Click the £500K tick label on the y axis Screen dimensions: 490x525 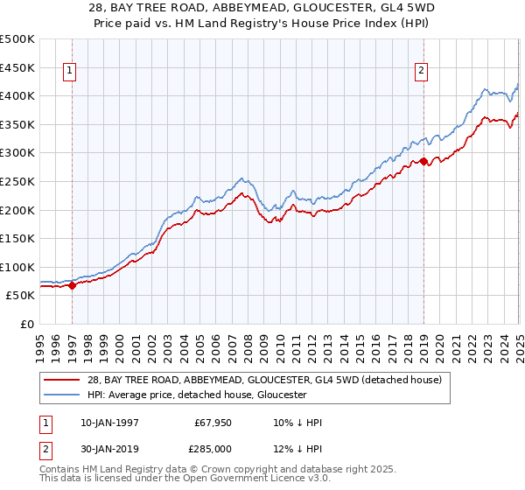coord(17,39)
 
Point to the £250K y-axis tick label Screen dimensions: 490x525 coord(17,181)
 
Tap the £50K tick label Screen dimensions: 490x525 coord(21,296)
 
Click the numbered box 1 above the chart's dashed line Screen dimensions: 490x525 coord(69,72)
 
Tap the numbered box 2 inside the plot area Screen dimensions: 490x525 coord(421,72)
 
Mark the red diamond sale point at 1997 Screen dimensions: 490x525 coord(73,285)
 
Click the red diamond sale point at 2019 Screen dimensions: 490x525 coord(423,161)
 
